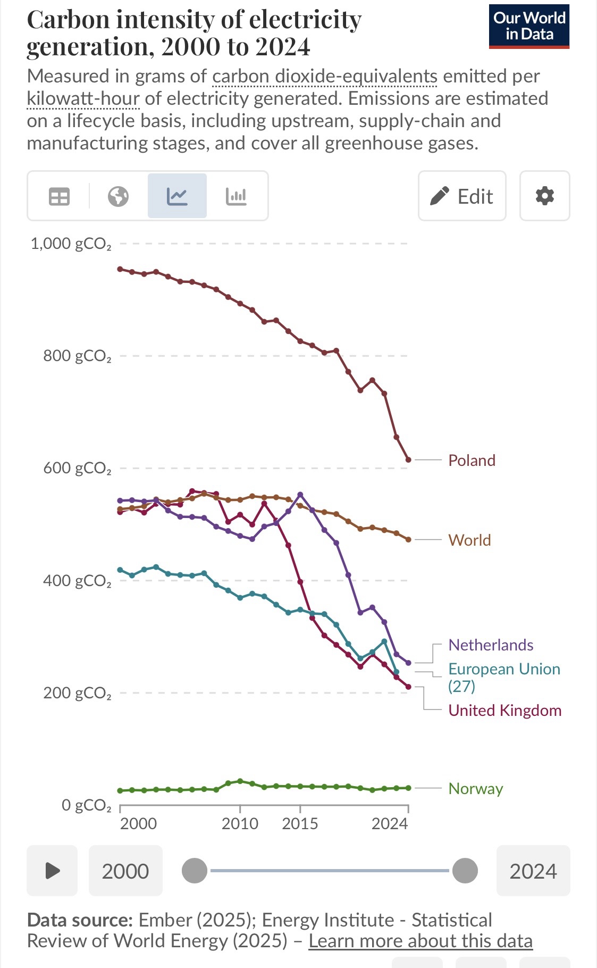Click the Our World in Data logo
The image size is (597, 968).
tap(529, 27)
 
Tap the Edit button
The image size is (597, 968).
tap(461, 196)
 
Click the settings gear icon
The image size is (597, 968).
tap(544, 196)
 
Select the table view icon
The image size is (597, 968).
tap(59, 196)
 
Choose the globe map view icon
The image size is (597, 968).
tap(118, 196)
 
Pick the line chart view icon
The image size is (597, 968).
tap(176, 196)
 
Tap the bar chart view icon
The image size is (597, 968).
tap(236, 196)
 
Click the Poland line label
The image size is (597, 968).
tap(472, 460)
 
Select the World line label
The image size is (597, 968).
tap(469, 540)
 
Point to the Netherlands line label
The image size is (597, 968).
tap(491, 645)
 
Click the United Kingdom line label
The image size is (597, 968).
tap(504, 710)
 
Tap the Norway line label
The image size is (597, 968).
tap(475, 788)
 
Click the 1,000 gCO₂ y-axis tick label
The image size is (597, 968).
tap(71, 244)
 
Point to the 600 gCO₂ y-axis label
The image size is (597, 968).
tap(78, 468)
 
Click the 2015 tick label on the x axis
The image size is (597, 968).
tap(300, 823)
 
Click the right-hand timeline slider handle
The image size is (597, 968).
tap(465, 871)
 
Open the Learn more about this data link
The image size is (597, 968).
tap(421, 940)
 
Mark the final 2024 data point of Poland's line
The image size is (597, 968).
tap(408, 460)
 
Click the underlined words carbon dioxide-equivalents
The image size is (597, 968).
tap(324, 76)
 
